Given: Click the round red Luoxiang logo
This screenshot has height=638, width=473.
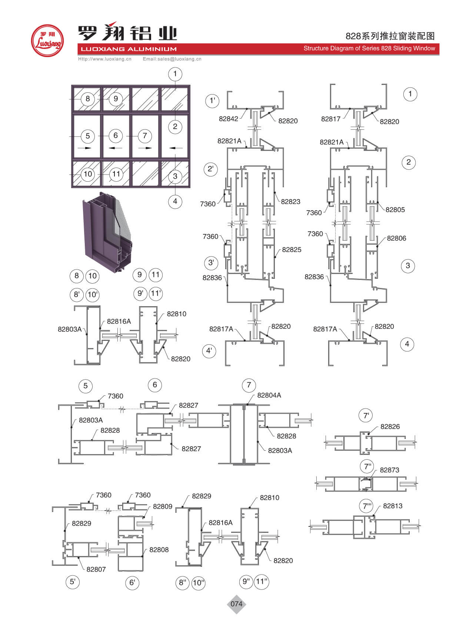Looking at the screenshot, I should point(47,41).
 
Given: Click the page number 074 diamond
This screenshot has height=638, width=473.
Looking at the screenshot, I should point(236,604).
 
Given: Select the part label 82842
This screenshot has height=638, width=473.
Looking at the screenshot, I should point(228,119).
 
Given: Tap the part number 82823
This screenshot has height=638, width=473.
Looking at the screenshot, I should point(290,201).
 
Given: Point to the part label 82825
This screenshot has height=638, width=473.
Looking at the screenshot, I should point(292,249).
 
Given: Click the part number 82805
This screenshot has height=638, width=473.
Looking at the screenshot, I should point(395,209).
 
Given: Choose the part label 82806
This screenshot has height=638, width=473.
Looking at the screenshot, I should point(396,238).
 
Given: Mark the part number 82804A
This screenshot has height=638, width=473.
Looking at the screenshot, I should point(269,395).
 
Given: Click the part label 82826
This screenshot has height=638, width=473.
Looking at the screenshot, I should point(390,426).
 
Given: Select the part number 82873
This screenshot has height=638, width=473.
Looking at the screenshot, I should point(389,470).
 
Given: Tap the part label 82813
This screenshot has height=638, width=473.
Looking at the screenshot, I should point(392,506).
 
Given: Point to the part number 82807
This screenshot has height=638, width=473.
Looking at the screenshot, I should point(96,569).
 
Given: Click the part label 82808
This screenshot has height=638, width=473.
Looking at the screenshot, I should point(159,549).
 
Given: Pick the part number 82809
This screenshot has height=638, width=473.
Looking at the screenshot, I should point(162,506).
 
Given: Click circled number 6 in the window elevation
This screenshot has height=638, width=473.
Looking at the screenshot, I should point(116,135).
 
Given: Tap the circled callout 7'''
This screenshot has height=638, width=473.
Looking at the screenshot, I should point(367,506).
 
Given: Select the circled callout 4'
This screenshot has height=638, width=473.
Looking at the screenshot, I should point(209,350).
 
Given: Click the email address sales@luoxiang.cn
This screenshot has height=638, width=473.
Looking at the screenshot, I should point(172,59).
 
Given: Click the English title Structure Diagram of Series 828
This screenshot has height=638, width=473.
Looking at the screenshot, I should point(369,48).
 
